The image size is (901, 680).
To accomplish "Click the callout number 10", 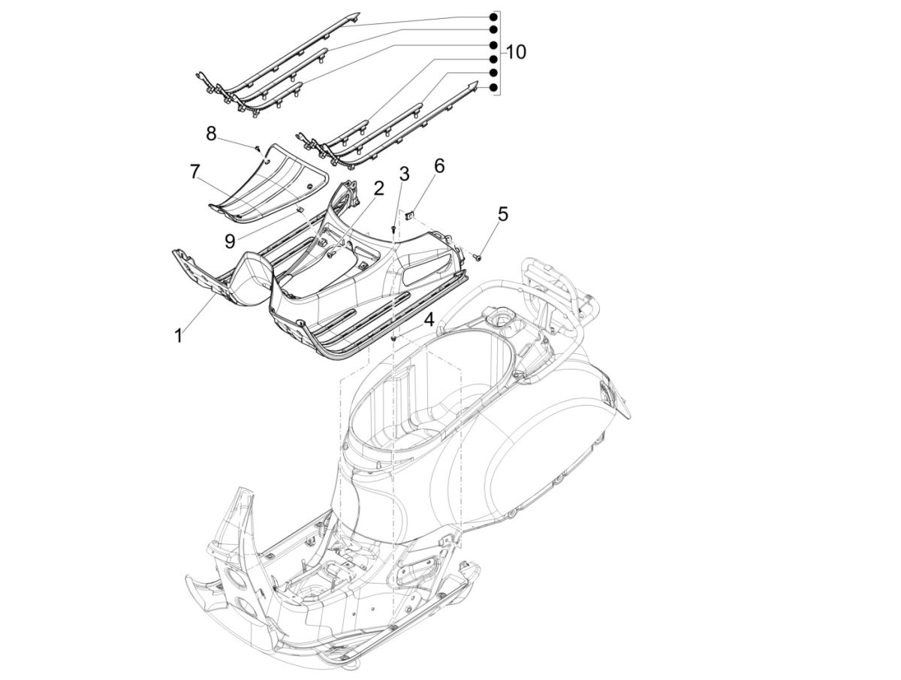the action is point(516,52).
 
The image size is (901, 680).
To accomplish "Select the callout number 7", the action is point(194,172).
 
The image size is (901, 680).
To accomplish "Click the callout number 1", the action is point(178,336).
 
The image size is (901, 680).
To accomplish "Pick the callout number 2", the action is point(379,187).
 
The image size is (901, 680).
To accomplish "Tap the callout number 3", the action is point(404,175).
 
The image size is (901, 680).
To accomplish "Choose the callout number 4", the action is point(429,319).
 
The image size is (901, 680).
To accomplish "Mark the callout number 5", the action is point(502,213).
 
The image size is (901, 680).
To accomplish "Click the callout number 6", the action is point(439,165).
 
